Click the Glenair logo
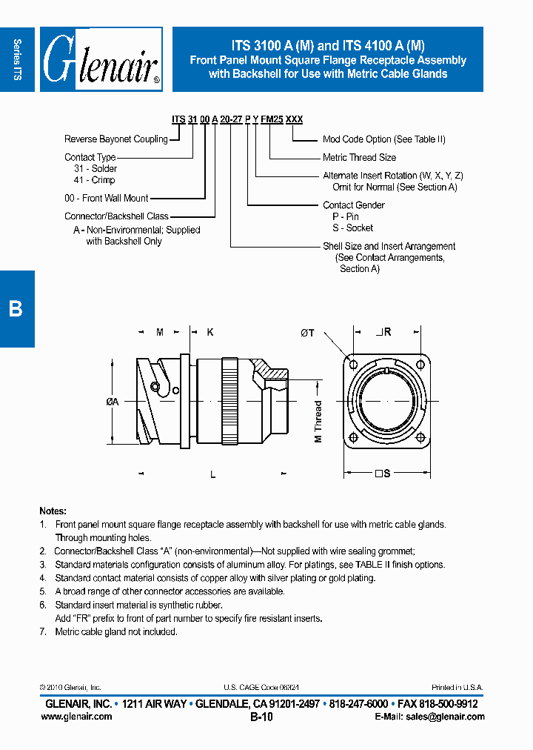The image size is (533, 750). click(101, 59)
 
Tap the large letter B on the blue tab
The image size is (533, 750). click(16, 309)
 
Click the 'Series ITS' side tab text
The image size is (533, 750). click(17, 59)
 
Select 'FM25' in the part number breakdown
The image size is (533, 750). click(272, 119)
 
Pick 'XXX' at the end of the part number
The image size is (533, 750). click(294, 119)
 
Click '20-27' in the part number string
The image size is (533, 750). click(232, 119)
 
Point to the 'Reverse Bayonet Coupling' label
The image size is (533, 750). click(116, 139)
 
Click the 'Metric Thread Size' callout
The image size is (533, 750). click(359, 158)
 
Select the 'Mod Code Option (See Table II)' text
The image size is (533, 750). click(384, 139)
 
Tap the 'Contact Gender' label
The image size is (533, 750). click(354, 205)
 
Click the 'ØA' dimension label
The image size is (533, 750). click(113, 402)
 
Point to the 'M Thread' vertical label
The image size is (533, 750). click(318, 422)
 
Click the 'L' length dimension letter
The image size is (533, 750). click(212, 474)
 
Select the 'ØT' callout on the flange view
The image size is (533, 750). click(307, 333)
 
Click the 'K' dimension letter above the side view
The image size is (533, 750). click(209, 333)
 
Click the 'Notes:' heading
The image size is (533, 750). click(53, 511)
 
